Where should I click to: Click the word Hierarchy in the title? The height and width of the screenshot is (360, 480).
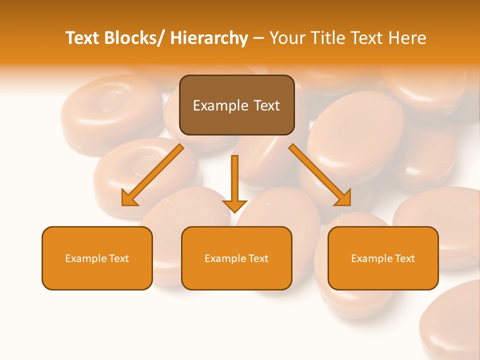(x=209, y=38)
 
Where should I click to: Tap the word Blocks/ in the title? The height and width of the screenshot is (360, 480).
(x=136, y=38)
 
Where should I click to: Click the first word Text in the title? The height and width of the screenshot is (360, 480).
(x=83, y=38)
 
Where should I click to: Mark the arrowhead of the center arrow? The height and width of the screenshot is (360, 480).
(x=234, y=205)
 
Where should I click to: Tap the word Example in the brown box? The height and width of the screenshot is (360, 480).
(x=213, y=105)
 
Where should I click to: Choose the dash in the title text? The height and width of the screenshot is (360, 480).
(x=258, y=38)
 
